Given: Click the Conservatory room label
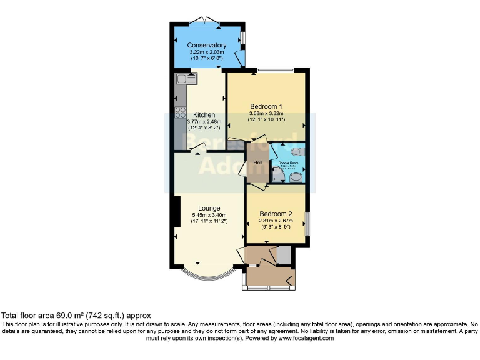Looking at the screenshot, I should pyautogui.click(x=206, y=45).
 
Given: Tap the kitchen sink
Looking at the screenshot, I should pyautogui.click(x=186, y=79).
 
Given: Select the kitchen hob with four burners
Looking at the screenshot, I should pyautogui.click(x=181, y=114).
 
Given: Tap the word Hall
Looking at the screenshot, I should pyautogui.click(x=257, y=163).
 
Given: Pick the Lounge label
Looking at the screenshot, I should pyautogui.click(x=209, y=208).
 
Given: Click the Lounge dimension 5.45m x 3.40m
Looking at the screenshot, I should pyautogui.click(x=209, y=216).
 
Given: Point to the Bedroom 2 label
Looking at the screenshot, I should pyautogui.click(x=276, y=213).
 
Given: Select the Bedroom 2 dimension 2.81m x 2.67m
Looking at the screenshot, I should pyautogui.click(x=276, y=221).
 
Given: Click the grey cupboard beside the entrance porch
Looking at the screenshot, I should pyautogui.click(x=284, y=255).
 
